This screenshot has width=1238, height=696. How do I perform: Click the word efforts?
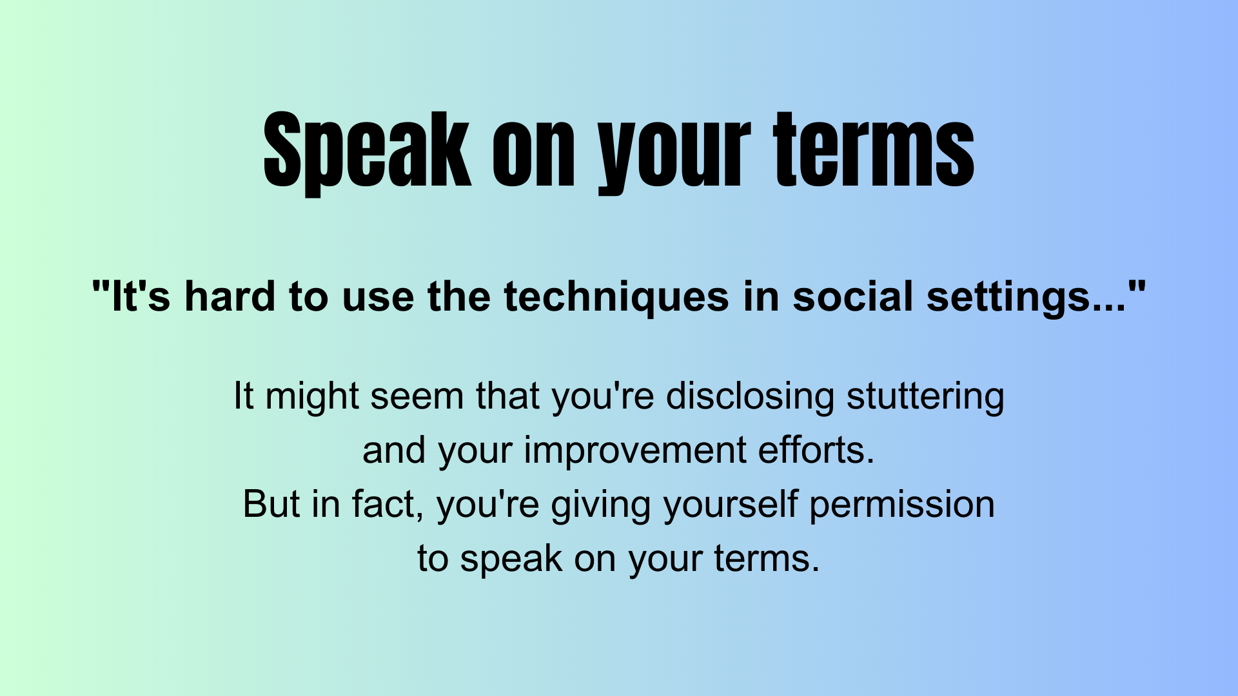pyautogui.click(x=816, y=449)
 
